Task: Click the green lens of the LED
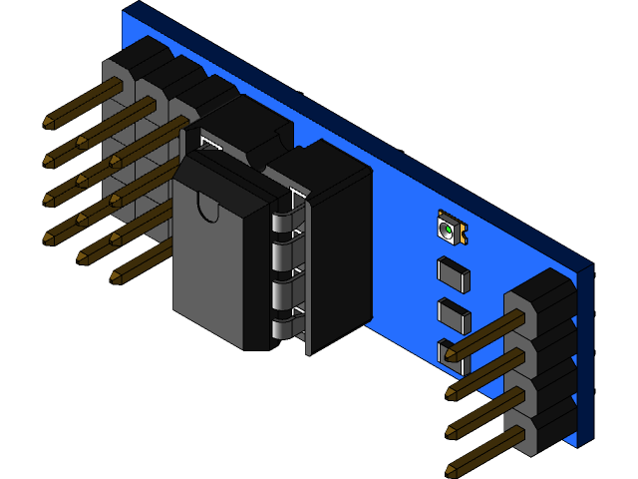[x=448, y=231]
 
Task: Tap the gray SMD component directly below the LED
[x=453, y=274]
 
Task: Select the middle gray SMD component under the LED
[x=453, y=314]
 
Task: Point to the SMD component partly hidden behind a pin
[x=445, y=350]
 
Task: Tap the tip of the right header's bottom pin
[x=452, y=468]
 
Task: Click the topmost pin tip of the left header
[x=49, y=124]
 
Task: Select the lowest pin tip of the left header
[x=117, y=276]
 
